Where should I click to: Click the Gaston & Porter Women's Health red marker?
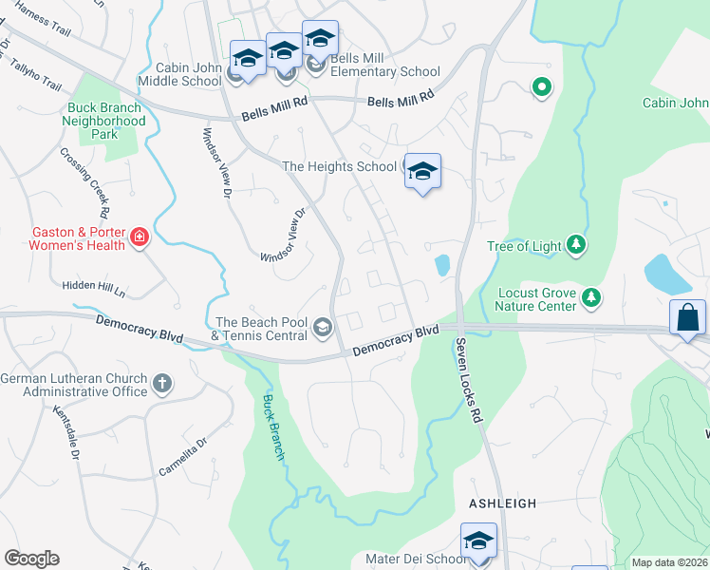click(x=140, y=237)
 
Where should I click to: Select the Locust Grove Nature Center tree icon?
click(x=591, y=298)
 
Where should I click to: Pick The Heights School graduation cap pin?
click(x=422, y=172)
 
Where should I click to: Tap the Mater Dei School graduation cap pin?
click(x=478, y=541)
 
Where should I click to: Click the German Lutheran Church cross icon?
click(x=162, y=384)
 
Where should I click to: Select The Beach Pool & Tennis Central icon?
click(x=323, y=329)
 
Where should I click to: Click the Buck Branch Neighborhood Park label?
click(x=103, y=121)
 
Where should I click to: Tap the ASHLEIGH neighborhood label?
click(x=502, y=503)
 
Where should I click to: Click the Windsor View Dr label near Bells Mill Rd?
click(x=215, y=161)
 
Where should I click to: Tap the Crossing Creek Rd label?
click(x=86, y=183)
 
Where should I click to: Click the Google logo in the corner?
click(x=32, y=559)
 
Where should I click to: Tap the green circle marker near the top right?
click(x=542, y=88)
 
